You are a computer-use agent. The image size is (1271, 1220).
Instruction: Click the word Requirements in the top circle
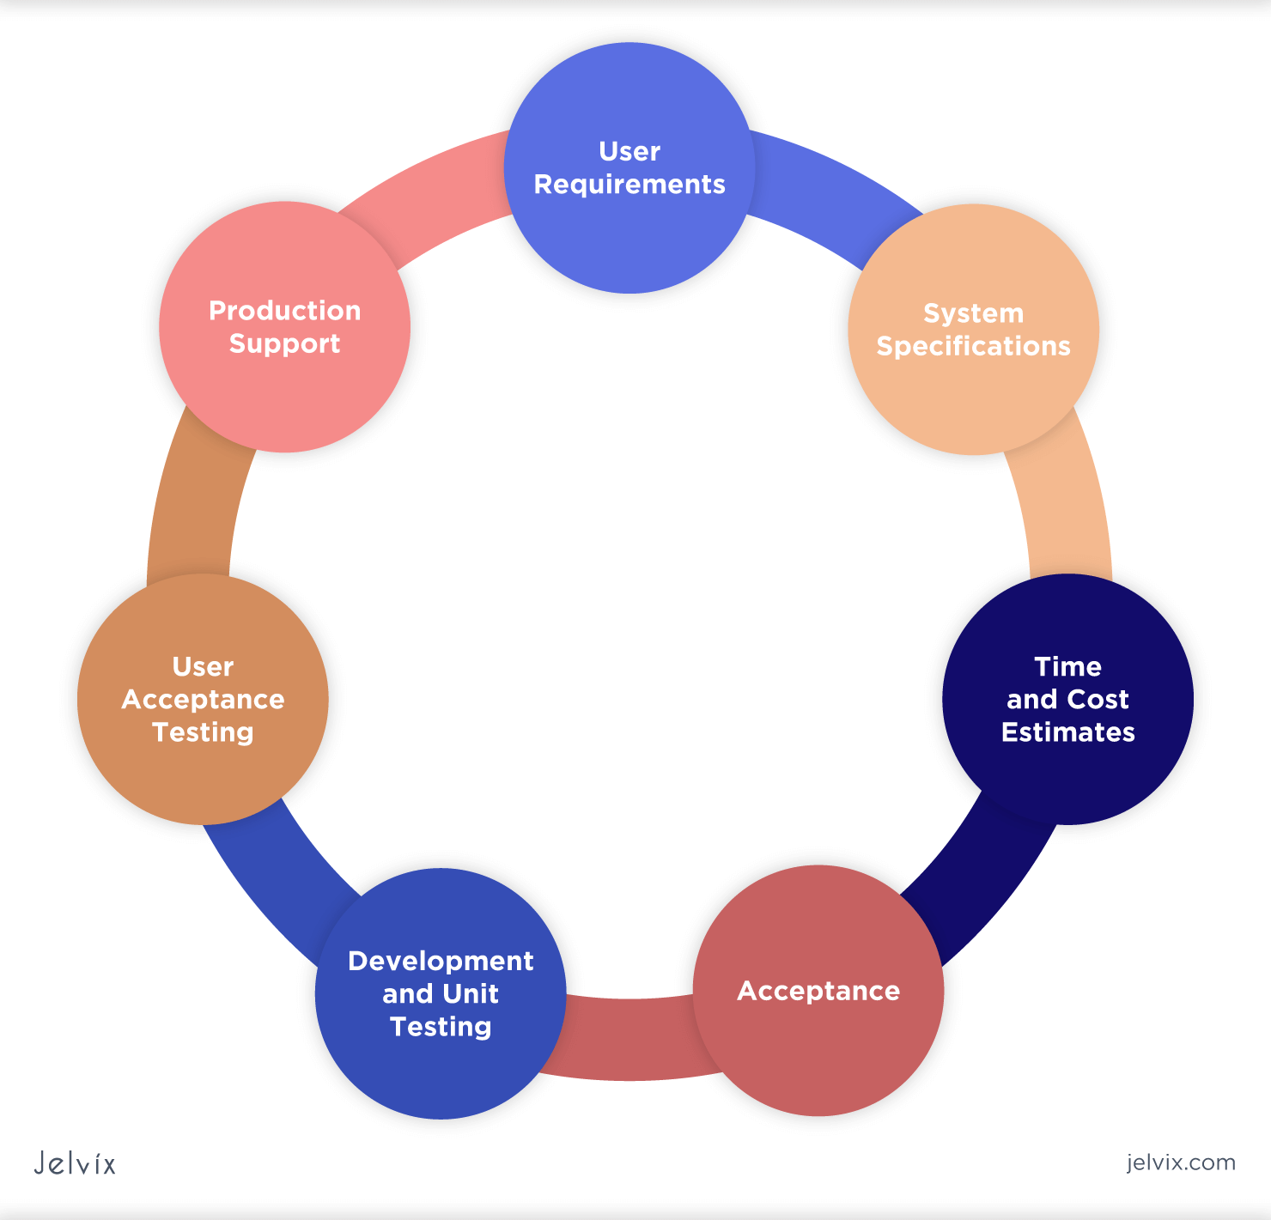point(629,185)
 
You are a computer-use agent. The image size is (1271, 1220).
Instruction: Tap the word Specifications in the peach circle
point(973,346)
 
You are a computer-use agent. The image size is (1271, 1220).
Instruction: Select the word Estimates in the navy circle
point(1067,732)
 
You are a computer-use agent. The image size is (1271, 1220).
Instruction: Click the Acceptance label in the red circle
point(818,991)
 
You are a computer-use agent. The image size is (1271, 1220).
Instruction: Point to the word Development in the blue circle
point(441,961)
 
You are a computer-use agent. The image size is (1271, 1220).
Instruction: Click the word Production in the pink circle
point(284,311)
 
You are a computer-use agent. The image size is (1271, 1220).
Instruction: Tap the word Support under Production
point(284,344)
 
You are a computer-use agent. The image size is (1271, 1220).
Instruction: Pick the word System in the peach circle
point(973,313)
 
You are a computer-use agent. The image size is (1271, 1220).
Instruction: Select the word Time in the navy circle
point(1067,667)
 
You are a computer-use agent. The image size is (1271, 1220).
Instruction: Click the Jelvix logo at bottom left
point(75,1163)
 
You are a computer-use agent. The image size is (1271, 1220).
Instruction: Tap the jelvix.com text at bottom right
point(1181,1162)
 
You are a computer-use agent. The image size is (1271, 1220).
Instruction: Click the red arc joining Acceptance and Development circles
point(627,1039)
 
